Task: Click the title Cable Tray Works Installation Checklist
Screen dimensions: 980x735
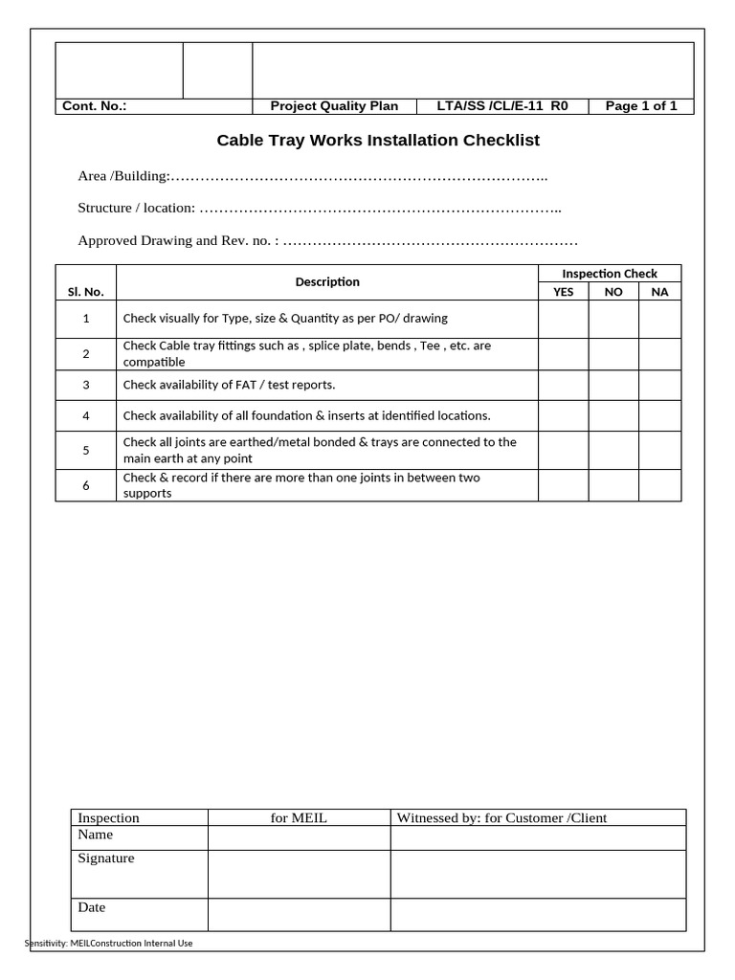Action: click(378, 141)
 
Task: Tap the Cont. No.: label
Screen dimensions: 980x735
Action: click(95, 106)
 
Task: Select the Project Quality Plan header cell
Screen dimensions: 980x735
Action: click(334, 106)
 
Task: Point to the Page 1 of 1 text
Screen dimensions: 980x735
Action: click(640, 106)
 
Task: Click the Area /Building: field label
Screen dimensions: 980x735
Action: click(123, 176)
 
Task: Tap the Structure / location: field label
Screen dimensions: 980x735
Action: click(137, 208)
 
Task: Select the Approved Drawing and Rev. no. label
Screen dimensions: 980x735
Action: click(178, 240)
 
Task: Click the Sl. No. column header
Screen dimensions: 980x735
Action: click(86, 292)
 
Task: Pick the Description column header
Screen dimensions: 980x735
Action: click(327, 281)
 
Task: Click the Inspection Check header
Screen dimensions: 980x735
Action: click(610, 274)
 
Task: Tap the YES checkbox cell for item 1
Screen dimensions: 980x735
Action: click(563, 319)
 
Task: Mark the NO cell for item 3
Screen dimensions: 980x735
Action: click(613, 385)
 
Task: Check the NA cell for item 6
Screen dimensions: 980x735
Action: click(659, 485)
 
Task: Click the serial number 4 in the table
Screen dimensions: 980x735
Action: click(86, 416)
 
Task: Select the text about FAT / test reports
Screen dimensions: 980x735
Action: click(229, 385)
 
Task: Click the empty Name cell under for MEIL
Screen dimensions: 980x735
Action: click(299, 838)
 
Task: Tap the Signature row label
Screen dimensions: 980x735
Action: click(106, 858)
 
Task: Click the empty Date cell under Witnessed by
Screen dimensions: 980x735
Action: click(538, 915)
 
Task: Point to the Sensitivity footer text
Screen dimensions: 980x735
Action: click(108, 944)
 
